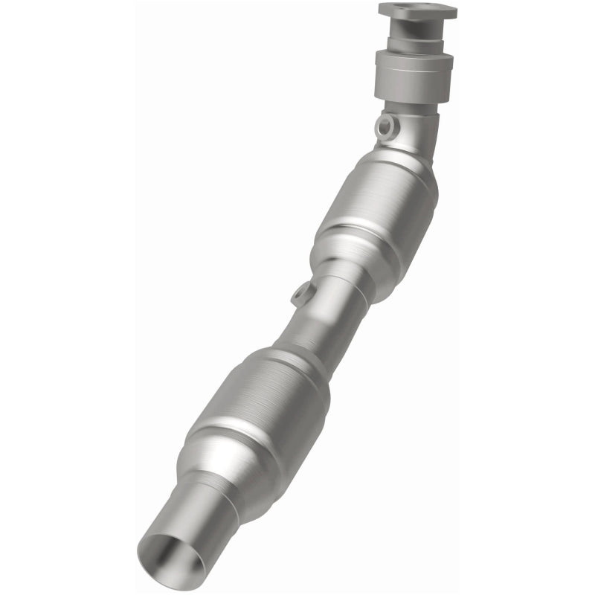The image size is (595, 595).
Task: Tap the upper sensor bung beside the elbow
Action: [384, 126]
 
